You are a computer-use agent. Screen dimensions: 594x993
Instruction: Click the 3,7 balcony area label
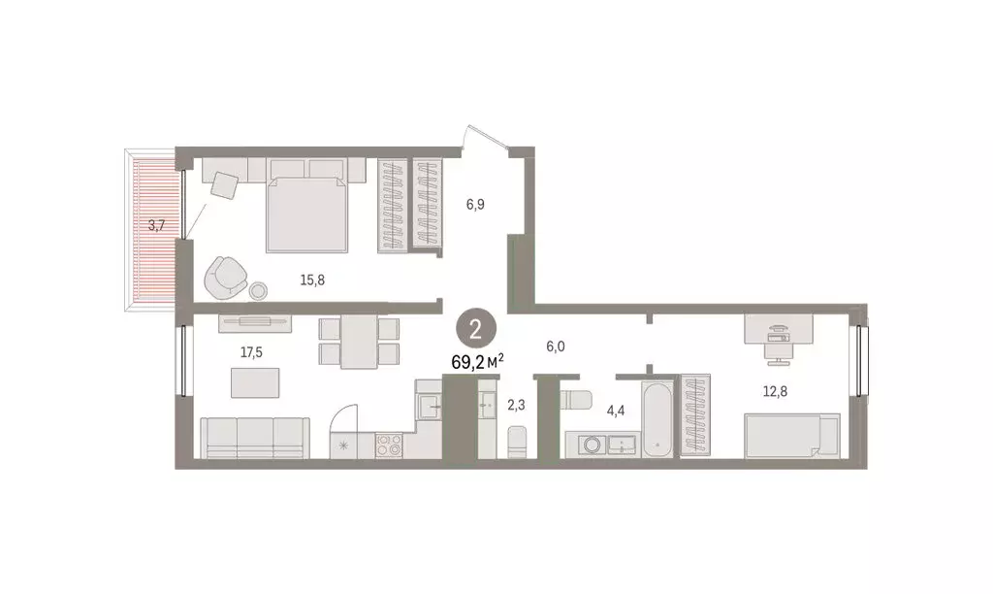155,225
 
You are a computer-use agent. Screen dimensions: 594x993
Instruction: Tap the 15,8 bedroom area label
312,280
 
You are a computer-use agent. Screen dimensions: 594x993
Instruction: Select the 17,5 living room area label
251,352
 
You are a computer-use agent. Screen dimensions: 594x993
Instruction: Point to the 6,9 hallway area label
475,204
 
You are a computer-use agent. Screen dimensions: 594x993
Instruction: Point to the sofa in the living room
255,437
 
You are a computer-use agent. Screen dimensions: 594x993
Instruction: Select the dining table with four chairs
360,341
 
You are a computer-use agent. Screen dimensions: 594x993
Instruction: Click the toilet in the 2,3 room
516,444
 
